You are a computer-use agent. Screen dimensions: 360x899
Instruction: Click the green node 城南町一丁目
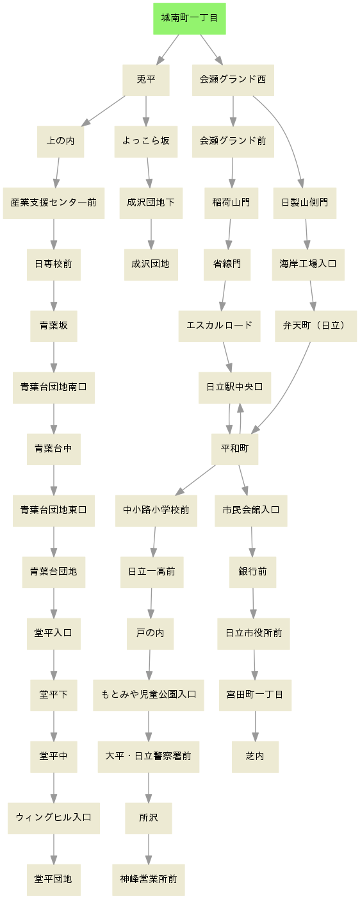click(190, 19)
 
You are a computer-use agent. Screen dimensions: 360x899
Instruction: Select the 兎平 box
click(145, 80)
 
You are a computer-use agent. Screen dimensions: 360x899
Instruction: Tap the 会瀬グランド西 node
click(233, 80)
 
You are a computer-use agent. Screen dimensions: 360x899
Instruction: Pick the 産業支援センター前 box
click(54, 203)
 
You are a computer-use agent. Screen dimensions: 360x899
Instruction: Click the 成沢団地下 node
click(151, 203)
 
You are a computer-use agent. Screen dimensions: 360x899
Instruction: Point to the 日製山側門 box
click(305, 203)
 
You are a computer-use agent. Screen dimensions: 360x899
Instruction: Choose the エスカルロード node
click(219, 326)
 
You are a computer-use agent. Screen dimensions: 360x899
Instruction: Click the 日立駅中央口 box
click(234, 388)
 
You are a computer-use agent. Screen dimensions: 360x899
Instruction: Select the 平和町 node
click(234, 449)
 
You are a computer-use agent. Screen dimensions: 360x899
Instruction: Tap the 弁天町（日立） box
click(315, 326)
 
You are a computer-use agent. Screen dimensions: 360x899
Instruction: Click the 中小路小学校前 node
click(156, 511)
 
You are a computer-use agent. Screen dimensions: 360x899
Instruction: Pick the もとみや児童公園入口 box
click(149, 695)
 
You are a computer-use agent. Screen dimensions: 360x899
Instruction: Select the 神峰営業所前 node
click(149, 880)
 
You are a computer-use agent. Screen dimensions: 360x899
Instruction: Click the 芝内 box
click(255, 757)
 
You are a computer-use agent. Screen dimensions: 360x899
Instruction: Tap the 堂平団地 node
click(54, 880)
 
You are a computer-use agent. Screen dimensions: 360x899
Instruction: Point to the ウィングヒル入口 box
click(54, 818)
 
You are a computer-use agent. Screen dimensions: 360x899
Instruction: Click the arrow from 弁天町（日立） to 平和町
click(288, 393)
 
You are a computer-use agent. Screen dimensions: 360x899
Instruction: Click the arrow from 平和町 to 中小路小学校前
click(195, 480)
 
